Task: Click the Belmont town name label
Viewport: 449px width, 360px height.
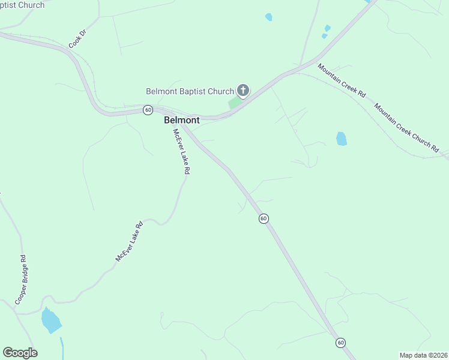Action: [181, 120]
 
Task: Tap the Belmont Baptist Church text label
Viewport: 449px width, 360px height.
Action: [190, 91]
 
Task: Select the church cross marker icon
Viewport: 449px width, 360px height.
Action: [243, 91]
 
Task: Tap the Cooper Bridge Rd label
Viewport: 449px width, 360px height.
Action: [21, 279]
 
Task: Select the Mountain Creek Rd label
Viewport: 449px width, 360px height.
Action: [342, 81]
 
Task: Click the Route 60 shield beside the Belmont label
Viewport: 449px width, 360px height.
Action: [148, 110]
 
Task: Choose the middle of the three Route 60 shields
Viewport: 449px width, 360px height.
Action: [264, 218]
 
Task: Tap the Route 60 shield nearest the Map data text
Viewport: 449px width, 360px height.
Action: [340, 343]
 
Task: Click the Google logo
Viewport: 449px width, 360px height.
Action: [20, 353]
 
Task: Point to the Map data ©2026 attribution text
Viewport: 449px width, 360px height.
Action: [423, 355]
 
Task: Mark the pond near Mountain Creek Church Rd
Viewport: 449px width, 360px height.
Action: [342, 139]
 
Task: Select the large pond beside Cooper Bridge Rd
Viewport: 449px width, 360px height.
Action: [50, 320]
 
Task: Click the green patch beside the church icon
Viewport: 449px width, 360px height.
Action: [235, 103]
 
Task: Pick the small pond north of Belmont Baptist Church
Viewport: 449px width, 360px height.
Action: [268, 17]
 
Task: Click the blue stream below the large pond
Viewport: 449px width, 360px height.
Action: [62, 348]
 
